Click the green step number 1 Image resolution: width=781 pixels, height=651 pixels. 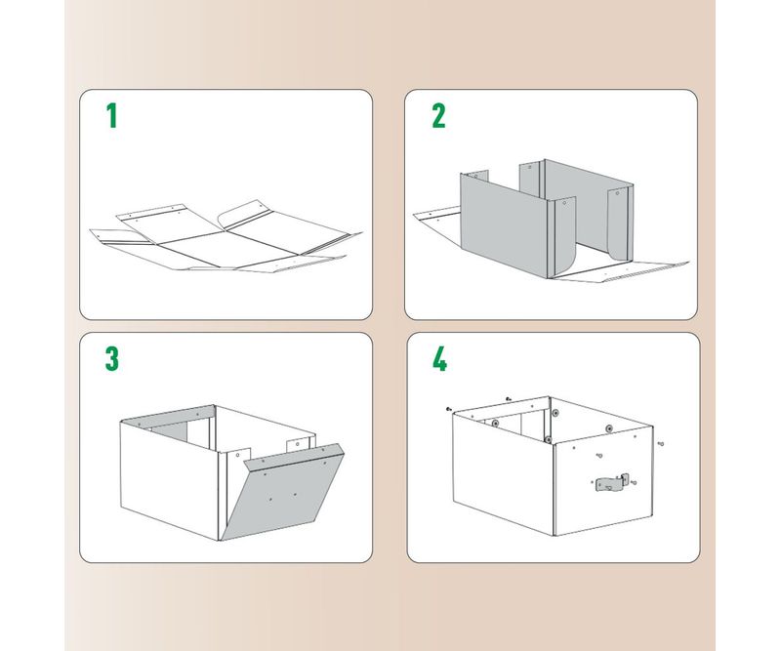tap(112, 115)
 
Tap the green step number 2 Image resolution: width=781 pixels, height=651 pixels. tap(438, 115)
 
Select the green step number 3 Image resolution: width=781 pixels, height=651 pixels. tap(112, 358)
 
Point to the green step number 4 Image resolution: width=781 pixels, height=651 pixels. tap(440, 358)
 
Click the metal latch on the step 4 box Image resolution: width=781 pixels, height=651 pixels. tap(612, 483)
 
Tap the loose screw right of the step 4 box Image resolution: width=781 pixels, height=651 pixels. tap(661, 443)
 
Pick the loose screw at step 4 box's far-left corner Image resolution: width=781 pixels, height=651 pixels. tap(449, 409)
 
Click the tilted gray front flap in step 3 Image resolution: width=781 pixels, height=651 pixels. tap(283, 492)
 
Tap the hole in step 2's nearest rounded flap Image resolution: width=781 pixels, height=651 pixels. tap(565, 203)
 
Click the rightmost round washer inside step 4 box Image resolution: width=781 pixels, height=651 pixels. tap(609, 428)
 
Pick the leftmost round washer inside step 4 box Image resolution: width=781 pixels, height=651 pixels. tap(495, 424)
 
